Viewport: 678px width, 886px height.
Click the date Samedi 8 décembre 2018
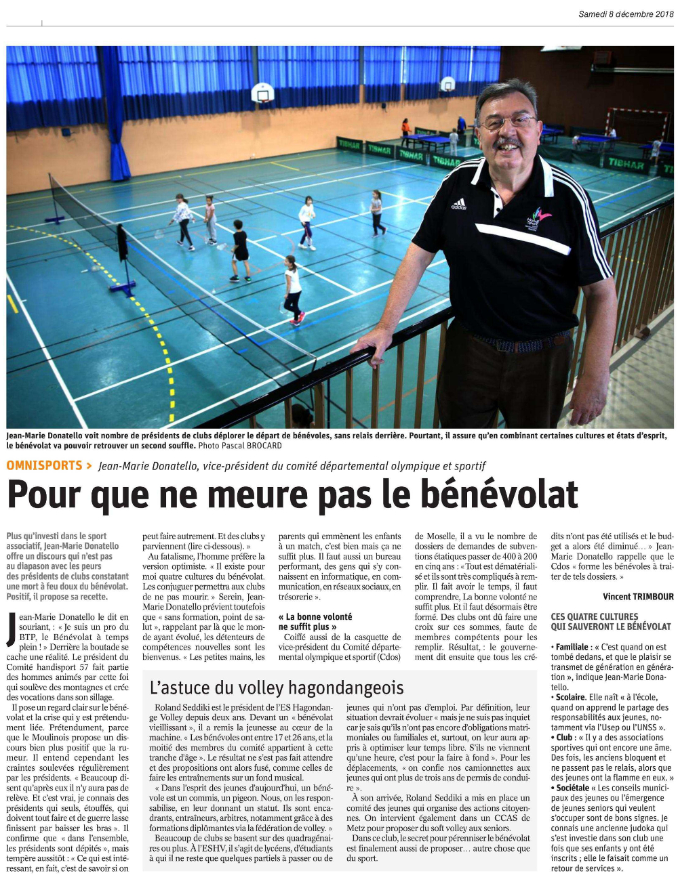tap(625, 14)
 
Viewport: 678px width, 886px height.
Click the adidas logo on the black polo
tap(459, 204)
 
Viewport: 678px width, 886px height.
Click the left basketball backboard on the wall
tap(263, 92)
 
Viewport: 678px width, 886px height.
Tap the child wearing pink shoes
tap(293, 290)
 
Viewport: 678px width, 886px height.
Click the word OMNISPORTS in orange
tap(44, 465)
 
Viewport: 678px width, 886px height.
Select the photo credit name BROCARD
tap(262, 446)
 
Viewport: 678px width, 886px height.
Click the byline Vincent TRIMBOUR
tap(638, 597)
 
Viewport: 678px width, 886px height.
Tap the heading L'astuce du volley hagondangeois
tap(276, 688)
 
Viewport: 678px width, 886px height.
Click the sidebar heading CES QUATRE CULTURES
tap(595, 616)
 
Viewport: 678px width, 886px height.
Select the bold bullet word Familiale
tap(572, 647)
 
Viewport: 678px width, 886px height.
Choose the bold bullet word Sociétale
tap(573, 788)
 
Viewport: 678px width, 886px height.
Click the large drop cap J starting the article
tap(12, 629)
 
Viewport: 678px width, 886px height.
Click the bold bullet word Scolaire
tap(570, 697)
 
